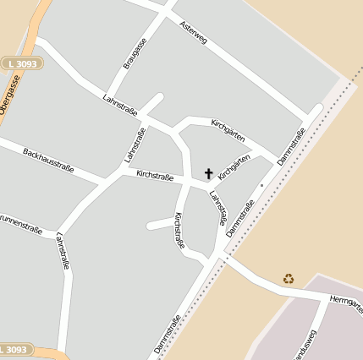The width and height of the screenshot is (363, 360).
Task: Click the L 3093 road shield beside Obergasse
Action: click(x=20, y=63)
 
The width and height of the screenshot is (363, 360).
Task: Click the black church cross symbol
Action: click(x=209, y=173)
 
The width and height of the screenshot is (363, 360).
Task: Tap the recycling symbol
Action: click(x=289, y=277)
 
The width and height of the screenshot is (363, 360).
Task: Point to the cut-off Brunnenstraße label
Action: click(x=21, y=227)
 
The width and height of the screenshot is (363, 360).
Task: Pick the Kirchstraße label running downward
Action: click(x=179, y=230)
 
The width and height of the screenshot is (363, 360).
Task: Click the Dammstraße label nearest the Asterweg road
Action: click(x=291, y=145)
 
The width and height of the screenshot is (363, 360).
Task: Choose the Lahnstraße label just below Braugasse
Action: click(x=121, y=106)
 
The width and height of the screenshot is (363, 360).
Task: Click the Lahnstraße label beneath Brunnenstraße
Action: click(x=62, y=251)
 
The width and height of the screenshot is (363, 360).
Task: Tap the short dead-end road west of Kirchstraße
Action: click(x=161, y=224)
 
